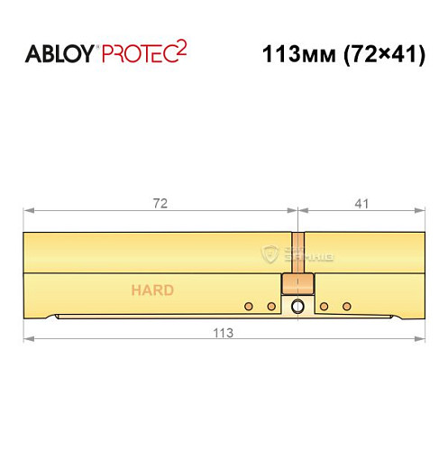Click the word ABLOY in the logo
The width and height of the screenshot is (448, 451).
59,53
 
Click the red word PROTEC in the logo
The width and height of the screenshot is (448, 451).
136,53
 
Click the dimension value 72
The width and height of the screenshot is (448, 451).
160,203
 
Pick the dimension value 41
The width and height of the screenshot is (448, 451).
362,203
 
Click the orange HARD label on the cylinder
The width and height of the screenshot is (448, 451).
152,290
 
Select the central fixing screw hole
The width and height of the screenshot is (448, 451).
298,308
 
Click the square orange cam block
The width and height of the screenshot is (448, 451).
298,285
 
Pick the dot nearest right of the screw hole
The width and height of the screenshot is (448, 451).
324,308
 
